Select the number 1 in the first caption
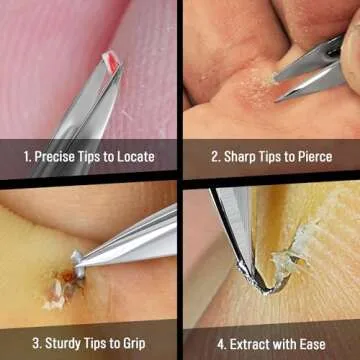pos(26,156)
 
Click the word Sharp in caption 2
pos(241,156)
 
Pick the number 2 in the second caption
pos(214,156)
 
